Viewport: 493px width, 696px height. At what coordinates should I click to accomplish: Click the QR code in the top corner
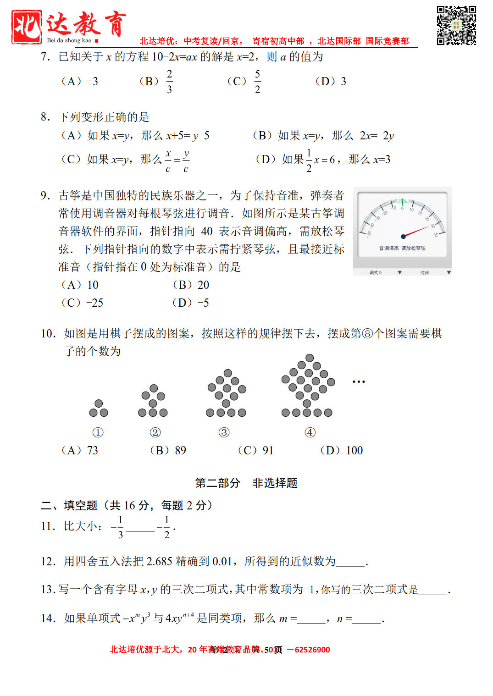(456, 25)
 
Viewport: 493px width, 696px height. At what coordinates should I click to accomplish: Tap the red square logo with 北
(27, 27)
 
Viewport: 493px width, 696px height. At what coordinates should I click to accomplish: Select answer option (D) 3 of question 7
(331, 82)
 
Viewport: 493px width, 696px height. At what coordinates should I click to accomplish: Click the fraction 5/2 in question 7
(257, 82)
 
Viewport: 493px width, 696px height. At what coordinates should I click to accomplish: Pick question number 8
(45, 117)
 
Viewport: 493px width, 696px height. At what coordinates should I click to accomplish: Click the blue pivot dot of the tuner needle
(403, 237)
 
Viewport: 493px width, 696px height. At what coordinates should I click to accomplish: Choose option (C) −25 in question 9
(83, 303)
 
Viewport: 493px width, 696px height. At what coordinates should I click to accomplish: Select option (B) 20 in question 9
(191, 285)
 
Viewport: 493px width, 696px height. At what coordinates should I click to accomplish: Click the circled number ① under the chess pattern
(98, 432)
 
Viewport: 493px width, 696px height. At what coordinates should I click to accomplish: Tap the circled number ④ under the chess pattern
(310, 432)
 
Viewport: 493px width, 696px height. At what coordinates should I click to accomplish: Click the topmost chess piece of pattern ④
(310, 358)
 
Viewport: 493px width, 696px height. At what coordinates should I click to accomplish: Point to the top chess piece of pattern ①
(99, 403)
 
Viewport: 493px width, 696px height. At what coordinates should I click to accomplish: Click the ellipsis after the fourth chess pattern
(359, 381)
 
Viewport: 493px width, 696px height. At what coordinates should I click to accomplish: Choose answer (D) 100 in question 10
(342, 450)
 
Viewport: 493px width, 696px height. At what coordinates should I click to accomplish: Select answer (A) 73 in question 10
(80, 450)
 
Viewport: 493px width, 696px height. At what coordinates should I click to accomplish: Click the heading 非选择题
(275, 483)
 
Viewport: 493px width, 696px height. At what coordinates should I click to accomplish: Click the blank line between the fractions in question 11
(140, 529)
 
